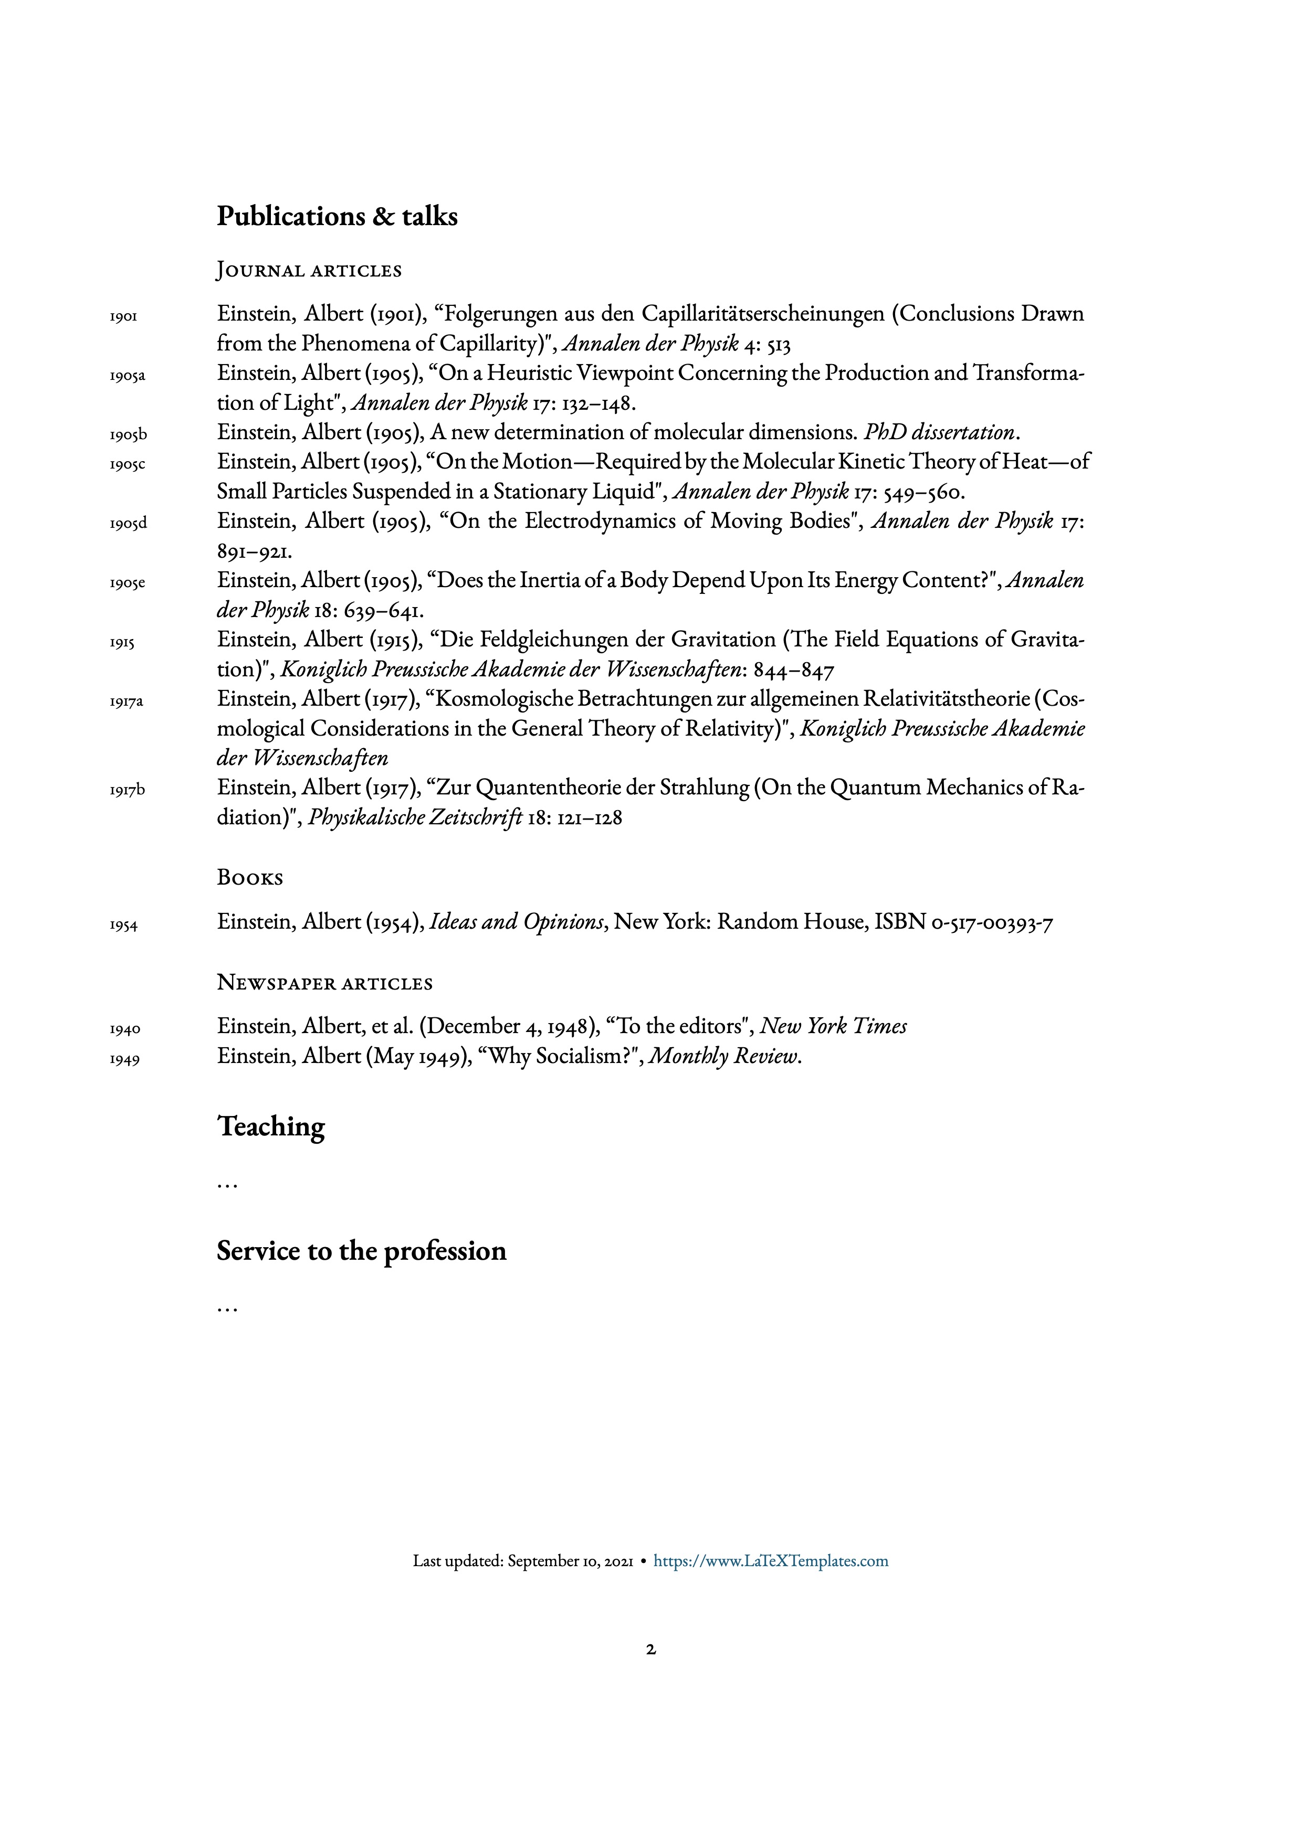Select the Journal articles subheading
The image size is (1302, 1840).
click(x=309, y=271)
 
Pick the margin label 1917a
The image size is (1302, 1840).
click(x=127, y=702)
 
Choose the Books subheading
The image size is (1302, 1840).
click(x=250, y=878)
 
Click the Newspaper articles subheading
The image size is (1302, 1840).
click(x=324, y=983)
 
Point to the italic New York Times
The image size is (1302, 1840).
click(x=833, y=1027)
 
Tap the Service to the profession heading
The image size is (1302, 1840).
click(x=362, y=1251)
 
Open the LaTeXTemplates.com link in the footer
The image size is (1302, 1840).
click(x=771, y=1561)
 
